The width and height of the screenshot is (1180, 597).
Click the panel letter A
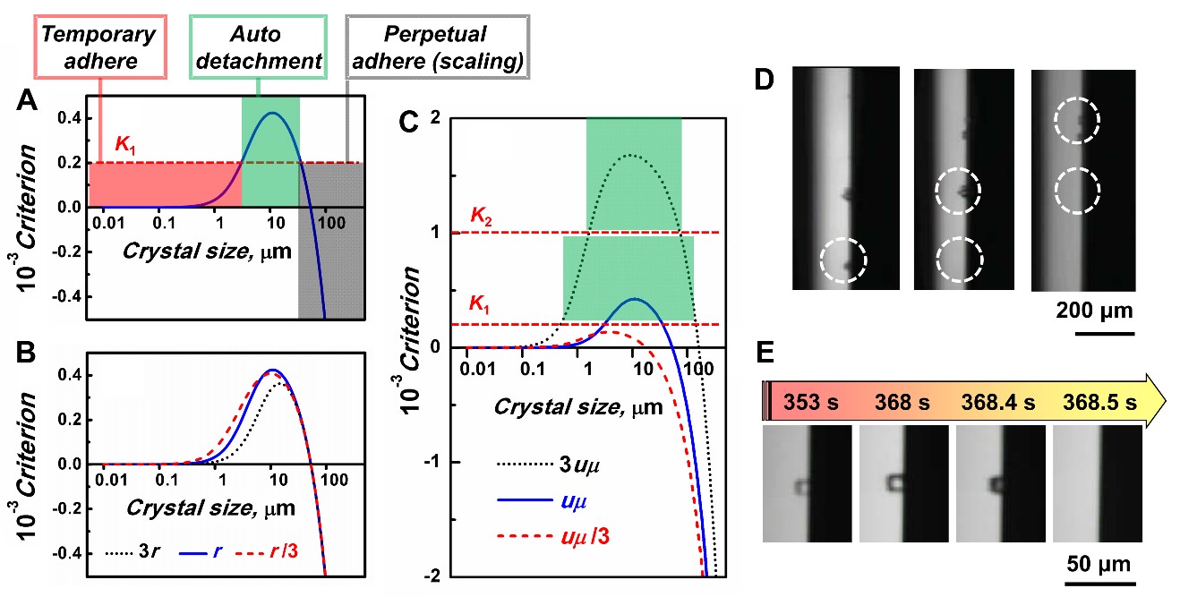point(27,105)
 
